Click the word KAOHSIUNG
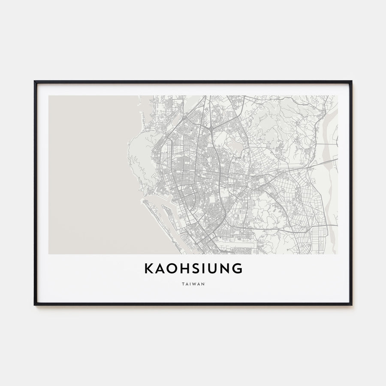click(193, 268)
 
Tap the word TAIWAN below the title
click(193, 283)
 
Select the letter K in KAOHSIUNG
click(148, 268)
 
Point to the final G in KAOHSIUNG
click(237, 268)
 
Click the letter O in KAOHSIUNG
click(170, 268)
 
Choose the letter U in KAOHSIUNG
click(212, 268)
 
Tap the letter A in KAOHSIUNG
click(159, 268)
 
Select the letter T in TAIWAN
click(183, 283)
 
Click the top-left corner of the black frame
click(35, 81)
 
